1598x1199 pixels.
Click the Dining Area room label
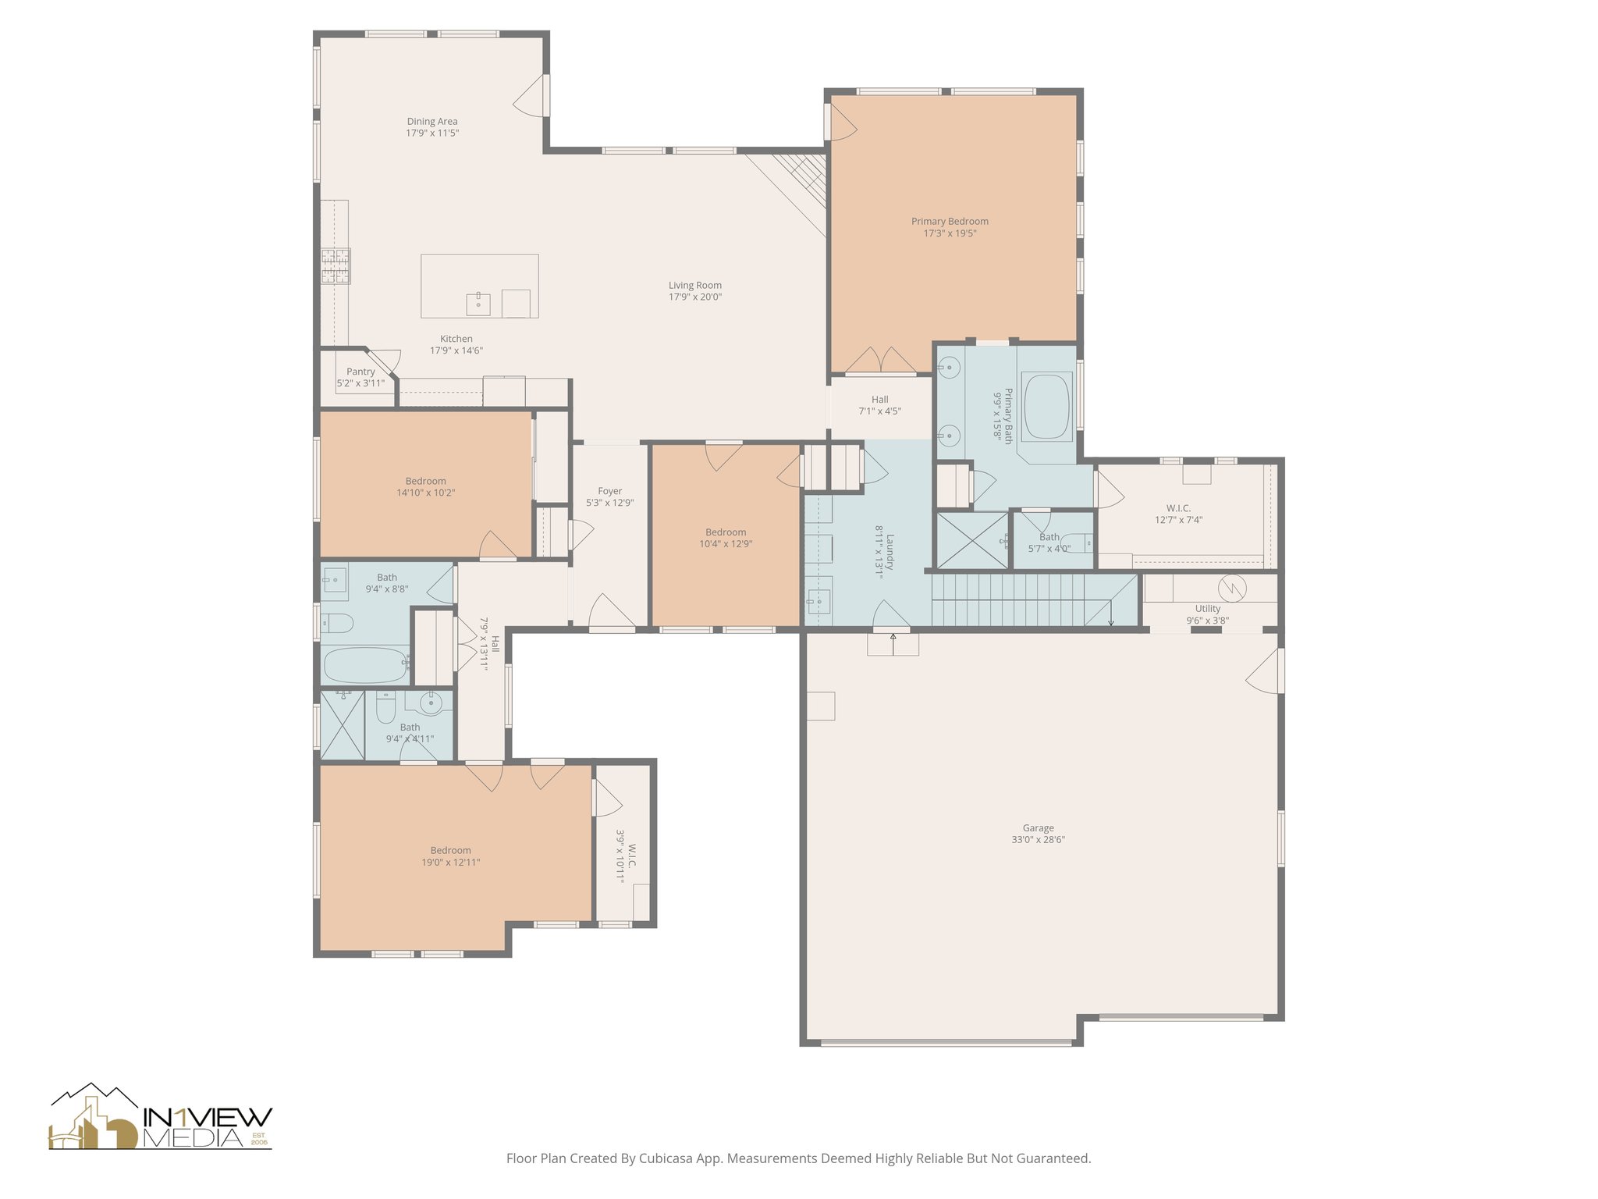point(432,122)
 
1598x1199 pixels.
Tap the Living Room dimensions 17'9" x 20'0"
point(695,297)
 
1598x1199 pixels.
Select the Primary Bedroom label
point(950,222)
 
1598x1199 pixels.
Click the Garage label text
point(1039,828)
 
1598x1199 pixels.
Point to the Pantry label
point(361,372)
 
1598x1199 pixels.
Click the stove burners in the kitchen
point(336,265)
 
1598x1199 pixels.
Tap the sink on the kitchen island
point(478,304)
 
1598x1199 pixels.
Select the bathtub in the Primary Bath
point(1047,407)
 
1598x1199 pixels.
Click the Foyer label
point(610,492)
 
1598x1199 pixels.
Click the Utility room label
point(1208,609)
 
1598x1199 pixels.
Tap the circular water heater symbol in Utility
point(1231,588)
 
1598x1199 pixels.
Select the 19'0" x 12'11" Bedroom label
point(451,851)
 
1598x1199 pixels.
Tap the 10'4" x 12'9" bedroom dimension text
point(726,544)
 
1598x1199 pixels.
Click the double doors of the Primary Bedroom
point(881,361)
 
